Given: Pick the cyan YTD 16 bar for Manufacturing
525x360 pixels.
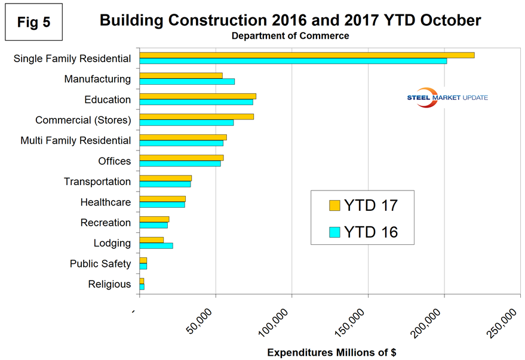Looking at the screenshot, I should (187, 81).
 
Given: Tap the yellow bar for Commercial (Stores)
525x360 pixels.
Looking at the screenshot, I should (197, 116).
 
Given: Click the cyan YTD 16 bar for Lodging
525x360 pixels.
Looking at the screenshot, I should (156, 245).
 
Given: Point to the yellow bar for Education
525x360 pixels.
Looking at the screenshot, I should (198, 96).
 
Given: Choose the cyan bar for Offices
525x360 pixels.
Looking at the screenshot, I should (180, 163).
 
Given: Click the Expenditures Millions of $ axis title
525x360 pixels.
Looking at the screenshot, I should (331, 352).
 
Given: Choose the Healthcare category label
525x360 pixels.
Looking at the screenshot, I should (106, 202).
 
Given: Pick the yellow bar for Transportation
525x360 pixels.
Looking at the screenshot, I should (165, 178).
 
